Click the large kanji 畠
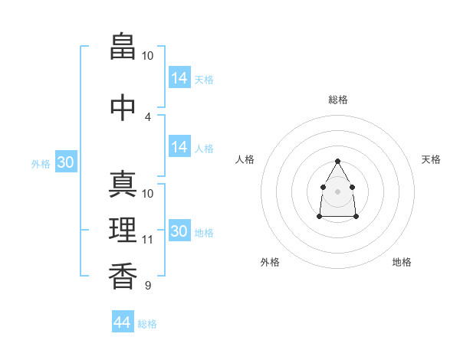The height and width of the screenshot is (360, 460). tap(123, 46)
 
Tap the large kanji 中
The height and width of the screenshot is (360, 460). tap(123, 107)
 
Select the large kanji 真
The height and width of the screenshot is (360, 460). tap(123, 184)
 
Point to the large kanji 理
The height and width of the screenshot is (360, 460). tap(123, 230)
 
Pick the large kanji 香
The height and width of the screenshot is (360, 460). tap(123, 276)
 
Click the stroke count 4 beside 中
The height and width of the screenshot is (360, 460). tap(147, 117)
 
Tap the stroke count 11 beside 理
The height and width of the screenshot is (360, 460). tap(147, 240)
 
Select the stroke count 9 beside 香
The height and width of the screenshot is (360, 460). tap(148, 285)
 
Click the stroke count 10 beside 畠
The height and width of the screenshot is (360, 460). tap(147, 56)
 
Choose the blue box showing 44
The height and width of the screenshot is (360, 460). tap(123, 321)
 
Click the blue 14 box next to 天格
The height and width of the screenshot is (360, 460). tap(180, 77)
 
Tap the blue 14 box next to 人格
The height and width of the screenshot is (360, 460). tap(180, 146)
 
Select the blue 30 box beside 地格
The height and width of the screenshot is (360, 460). tap(180, 230)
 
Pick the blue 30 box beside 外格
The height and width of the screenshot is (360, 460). tap(66, 162)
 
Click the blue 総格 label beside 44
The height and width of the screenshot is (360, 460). tap(147, 324)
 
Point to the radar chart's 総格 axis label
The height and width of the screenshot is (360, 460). tap(338, 100)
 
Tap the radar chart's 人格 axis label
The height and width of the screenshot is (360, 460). tap(245, 159)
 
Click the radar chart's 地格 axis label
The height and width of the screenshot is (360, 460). tap(402, 262)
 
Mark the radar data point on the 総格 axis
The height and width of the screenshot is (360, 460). tap(337, 161)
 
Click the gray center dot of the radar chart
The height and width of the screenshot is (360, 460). tap(337, 191)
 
